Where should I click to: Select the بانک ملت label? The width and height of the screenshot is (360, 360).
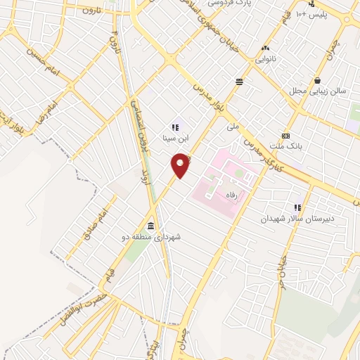[284, 146]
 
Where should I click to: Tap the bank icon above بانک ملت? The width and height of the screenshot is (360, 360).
[285, 136]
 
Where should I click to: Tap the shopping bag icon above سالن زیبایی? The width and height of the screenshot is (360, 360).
[319, 80]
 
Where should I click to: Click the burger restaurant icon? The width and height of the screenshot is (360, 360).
[240, 82]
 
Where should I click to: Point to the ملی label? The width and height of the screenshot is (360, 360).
[233, 128]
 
